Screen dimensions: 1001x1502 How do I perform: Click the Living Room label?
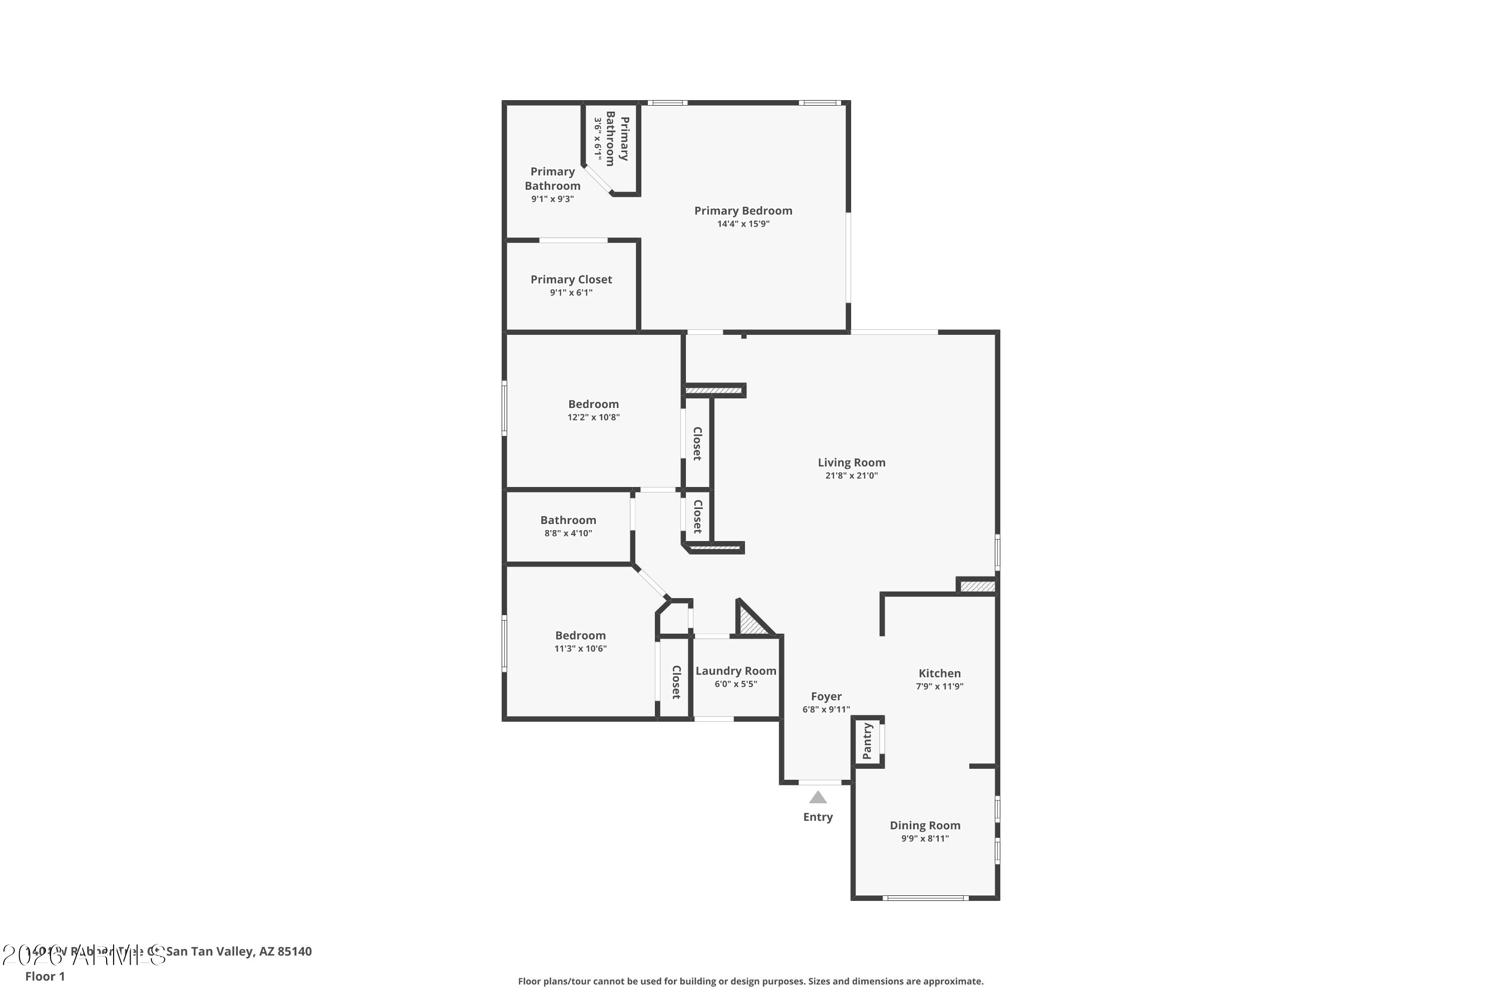(851, 462)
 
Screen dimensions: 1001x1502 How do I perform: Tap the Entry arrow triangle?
(818, 797)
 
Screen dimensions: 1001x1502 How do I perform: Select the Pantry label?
(867, 741)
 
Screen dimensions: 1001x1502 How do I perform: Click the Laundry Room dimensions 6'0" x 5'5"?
(735, 684)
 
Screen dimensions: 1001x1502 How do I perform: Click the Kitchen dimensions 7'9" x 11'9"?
(939, 686)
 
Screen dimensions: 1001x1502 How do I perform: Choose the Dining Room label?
(925, 825)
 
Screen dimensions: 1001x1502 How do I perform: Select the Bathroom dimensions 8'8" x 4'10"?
(568, 533)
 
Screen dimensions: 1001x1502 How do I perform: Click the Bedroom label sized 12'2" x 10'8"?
(593, 403)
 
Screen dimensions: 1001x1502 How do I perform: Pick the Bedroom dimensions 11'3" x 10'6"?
(580, 649)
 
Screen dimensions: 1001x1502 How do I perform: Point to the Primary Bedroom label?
(742, 210)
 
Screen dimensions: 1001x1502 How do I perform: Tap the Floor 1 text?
(45, 976)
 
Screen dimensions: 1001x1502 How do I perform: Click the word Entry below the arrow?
(818, 817)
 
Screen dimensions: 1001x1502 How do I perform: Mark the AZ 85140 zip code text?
(285, 951)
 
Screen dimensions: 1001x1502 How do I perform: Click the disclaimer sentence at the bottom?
(750, 981)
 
